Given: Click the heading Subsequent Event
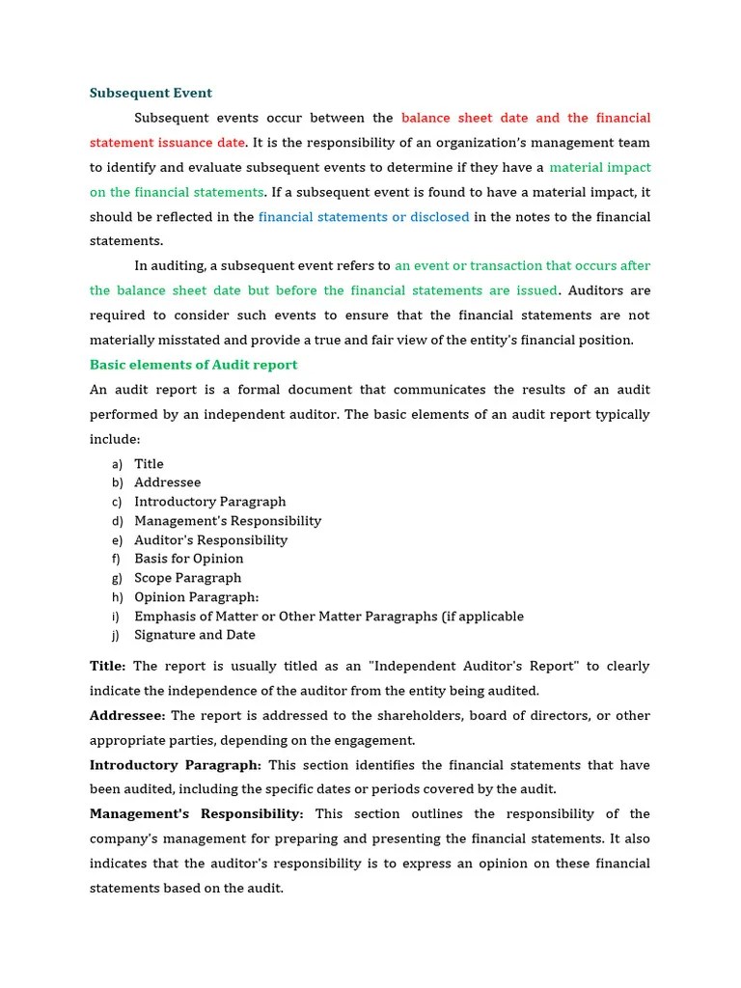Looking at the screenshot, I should coord(151,94).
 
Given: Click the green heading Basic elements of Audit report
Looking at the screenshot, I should coord(193,365).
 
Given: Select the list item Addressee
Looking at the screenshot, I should coord(167,482).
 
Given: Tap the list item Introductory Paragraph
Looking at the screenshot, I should coord(209,502).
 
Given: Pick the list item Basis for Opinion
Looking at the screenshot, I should coord(188,559).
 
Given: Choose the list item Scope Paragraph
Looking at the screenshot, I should coord(187,578).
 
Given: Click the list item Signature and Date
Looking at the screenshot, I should coord(194,635).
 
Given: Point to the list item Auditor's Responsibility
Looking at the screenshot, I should coord(210,540).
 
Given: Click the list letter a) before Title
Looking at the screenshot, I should coord(117,464).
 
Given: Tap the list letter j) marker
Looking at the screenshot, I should coord(116,635).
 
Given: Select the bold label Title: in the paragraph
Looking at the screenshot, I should coord(107,667).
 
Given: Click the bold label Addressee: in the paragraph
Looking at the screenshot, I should coord(127,716).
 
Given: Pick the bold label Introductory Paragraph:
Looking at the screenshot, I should coord(175,765).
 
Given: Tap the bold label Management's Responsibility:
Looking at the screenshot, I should coord(196,814).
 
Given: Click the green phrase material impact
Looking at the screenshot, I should coord(599,168).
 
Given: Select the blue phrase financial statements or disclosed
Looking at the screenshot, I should coord(364,217).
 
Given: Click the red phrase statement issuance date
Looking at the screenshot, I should coord(167,143).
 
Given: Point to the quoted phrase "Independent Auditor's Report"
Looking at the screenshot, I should coord(475,667).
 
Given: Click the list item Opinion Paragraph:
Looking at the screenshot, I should coord(196,597).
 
